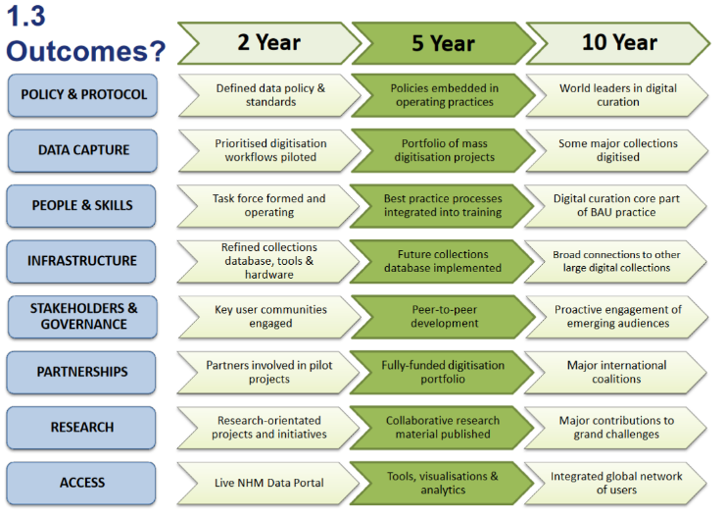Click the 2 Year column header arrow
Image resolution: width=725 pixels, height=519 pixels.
[x=269, y=43]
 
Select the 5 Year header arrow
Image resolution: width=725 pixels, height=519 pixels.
[x=444, y=43]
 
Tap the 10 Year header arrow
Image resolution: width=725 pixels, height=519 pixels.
[x=618, y=43]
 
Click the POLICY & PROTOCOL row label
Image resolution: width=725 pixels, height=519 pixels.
[x=82, y=95]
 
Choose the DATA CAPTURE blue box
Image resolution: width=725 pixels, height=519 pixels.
[x=82, y=150]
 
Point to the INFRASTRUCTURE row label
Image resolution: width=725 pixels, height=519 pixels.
[x=81, y=261]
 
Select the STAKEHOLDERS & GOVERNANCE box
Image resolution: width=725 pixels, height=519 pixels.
[x=82, y=317]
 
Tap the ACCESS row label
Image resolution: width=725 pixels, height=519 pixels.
[x=81, y=483]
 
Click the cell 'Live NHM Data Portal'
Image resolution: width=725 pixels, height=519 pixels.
[x=268, y=483]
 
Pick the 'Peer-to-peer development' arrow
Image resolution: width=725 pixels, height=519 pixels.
[x=444, y=317]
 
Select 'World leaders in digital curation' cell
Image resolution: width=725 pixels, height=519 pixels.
[x=617, y=95]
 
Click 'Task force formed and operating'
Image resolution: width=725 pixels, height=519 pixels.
[x=268, y=206]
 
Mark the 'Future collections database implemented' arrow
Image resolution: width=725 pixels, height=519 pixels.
[x=443, y=261]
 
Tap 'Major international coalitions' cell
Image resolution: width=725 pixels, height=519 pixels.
[x=616, y=372]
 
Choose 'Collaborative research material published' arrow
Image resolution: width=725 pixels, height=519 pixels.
[x=443, y=428]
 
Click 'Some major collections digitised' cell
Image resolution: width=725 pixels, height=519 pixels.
[x=617, y=150]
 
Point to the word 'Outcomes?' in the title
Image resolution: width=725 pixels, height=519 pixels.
[x=86, y=51]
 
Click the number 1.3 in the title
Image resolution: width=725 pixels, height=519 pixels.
[x=25, y=16]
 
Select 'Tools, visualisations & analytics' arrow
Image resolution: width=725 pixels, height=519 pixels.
[x=443, y=483]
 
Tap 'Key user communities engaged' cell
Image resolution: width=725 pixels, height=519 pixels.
[x=269, y=317]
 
